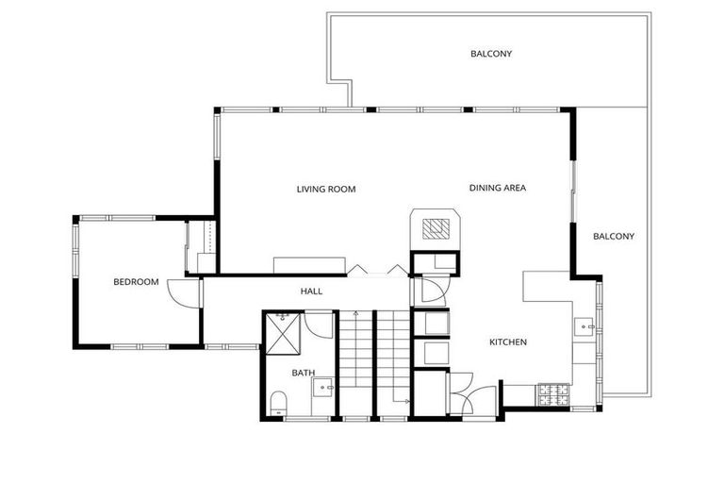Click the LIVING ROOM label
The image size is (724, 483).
[325, 190]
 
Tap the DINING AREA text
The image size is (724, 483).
[497, 188]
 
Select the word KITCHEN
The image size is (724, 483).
[507, 341]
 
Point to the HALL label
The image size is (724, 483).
[311, 291]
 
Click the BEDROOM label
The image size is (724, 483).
[136, 281]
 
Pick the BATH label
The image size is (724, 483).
[303, 373]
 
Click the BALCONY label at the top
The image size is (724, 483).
[491, 54]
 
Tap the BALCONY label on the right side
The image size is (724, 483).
[613, 236]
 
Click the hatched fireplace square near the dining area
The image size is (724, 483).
[435, 229]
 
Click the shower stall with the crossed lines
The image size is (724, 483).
[283, 331]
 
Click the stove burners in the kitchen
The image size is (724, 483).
[551, 394]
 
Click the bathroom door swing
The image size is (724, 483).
[319, 325]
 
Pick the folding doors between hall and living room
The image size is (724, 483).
[377, 270]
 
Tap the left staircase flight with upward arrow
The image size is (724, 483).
[356, 363]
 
